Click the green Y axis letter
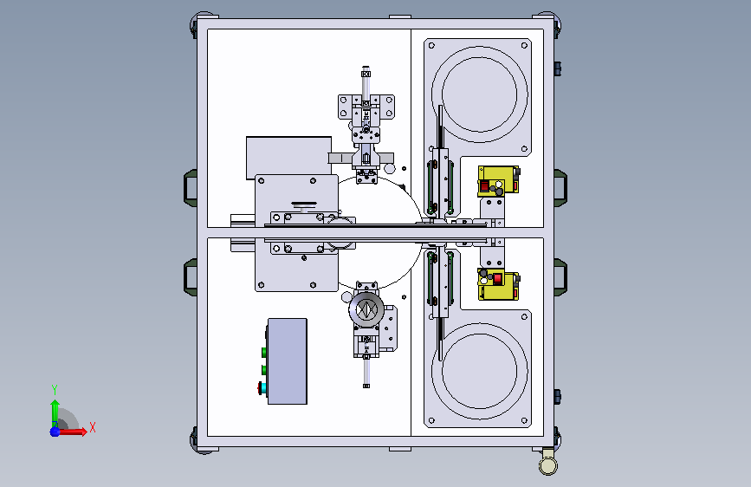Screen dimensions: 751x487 (55, 390)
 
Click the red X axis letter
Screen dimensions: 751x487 (93, 427)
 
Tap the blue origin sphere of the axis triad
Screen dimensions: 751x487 (55, 432)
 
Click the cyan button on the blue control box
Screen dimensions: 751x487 (262, 387)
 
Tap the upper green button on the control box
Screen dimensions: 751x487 (264, 353)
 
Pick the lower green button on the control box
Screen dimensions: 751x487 (264, 370)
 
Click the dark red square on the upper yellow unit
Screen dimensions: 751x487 (485, 186)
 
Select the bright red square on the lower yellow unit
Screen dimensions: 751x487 (497, 278)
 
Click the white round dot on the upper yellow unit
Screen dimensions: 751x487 (499, 184)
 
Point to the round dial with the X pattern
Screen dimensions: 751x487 (366, 309)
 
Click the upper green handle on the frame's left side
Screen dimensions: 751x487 (191, 188)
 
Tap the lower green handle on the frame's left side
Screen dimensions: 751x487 (191, 277)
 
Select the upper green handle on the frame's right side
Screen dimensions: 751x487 (560, 188)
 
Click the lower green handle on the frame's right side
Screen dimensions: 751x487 (560, 277)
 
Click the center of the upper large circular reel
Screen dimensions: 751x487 (479, 94)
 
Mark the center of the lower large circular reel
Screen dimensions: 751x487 (479, 372)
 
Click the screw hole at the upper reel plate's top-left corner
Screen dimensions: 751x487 (431, 46)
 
